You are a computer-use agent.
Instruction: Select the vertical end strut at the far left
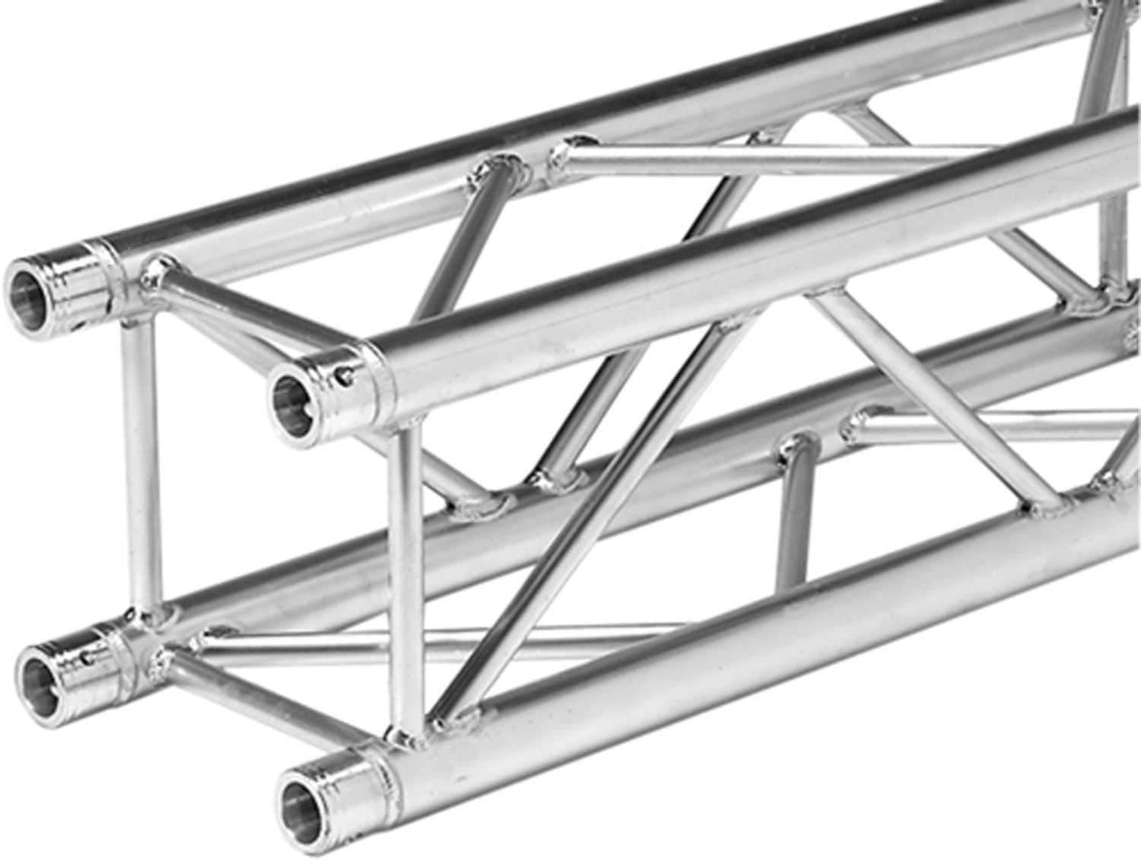pos(139,466)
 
